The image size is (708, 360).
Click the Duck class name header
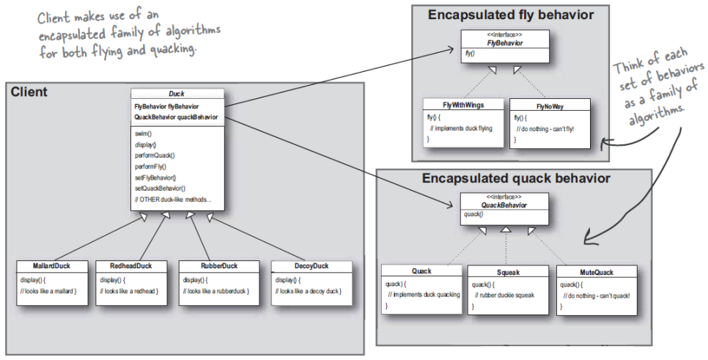[x=177, y=94]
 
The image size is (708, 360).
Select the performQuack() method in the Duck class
[x=155, y=155]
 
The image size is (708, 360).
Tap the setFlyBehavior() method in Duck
[x=155, y=177]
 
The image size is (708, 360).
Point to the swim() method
[x=143, y=133]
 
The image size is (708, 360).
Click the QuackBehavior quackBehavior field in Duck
[x=176, y=117]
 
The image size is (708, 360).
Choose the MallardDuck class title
[x=51, y=265]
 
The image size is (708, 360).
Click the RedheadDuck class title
[x=131, y=265]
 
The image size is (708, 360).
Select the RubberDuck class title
[x=219, y=265]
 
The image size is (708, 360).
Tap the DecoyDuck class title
[x=311, y=265]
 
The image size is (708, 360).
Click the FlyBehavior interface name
[x=505, y=43]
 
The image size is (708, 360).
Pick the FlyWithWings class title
[x=463, y=105]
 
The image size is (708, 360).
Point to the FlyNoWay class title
[x=550, y=106]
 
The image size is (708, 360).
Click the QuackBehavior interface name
[x=504, y=205]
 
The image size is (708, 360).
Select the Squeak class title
[x=508, y=272]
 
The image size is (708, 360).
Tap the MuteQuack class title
[x=597, y=272]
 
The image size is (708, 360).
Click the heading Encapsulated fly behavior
[x=511, y=15]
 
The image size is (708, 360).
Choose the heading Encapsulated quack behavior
[x=516, y=178]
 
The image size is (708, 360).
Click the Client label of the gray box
[x=29, y=92]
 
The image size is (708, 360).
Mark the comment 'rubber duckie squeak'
[x=504, y=295]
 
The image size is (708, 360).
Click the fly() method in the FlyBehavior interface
[x=470, y=53]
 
